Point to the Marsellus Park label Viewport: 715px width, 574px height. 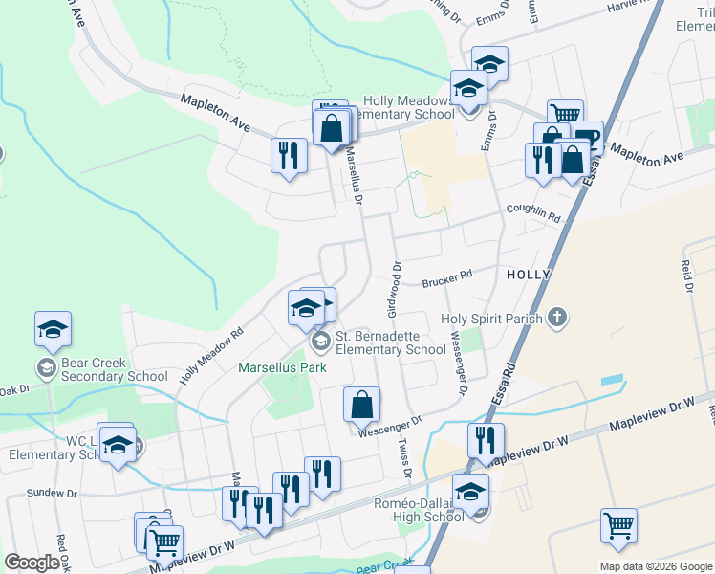click(x=282, y=367)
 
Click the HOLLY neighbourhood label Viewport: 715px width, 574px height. click(x=529, y=275)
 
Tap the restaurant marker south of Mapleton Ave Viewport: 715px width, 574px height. click(x=289, y=155)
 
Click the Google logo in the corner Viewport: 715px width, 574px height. click(x=32, y=563)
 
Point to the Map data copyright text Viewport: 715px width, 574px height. click(x=657, y=566)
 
